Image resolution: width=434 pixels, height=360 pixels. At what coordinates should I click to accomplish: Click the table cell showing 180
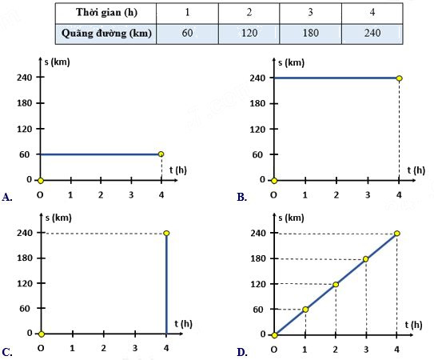[311, 34]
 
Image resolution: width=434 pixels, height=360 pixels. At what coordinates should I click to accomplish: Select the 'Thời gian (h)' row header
[106, 13]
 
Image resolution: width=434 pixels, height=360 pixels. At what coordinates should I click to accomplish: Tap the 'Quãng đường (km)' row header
[106, 34]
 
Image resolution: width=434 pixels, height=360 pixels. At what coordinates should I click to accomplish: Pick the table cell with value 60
[187, 34]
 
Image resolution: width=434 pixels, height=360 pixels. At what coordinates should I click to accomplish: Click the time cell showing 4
[372, 13]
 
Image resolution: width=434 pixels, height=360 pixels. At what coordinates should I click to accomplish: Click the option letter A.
[6, 198]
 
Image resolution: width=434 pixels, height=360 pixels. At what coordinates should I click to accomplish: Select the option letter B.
[241, 198]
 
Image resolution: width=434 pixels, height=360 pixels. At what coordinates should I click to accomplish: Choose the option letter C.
[6, 353]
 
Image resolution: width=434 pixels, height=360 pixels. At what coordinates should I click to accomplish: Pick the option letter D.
[241, 353]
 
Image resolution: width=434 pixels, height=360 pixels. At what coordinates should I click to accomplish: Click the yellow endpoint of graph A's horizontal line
[161, 154]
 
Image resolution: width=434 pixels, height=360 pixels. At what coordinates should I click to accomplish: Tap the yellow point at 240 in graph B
[399, 78]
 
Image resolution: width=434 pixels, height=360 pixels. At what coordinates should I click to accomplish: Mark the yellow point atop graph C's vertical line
[166, 234]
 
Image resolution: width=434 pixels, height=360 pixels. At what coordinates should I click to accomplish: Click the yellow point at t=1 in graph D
[305, 310]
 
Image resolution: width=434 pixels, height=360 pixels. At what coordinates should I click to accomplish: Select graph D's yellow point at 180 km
[365, 259]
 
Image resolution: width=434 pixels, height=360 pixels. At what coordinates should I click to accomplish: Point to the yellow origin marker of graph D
[274, 335]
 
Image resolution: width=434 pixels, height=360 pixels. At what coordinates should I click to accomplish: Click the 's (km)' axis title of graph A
[57, 62]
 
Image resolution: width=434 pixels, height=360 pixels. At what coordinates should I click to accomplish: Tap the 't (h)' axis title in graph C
[183, 324]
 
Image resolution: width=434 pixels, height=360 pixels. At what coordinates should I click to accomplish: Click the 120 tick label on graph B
[257, 130]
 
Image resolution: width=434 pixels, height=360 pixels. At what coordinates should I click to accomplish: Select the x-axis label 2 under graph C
[104, 348]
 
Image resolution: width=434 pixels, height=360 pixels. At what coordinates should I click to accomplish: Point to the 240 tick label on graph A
[24, 78]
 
